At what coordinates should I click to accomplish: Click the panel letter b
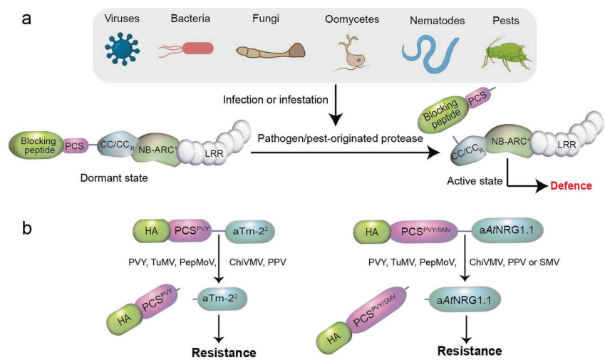(x=26, y=228)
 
